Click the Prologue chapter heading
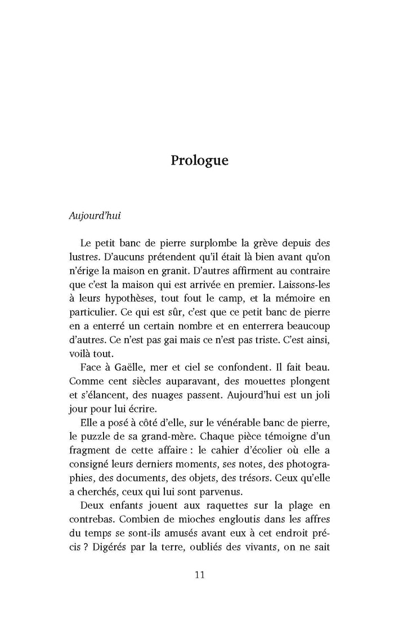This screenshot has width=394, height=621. point(200,160)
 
